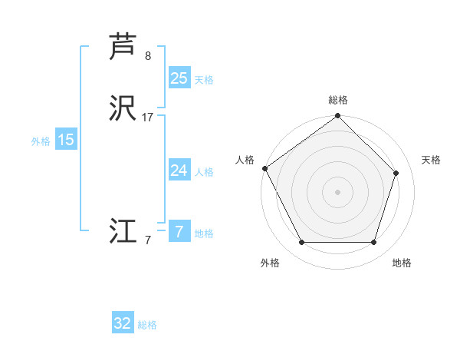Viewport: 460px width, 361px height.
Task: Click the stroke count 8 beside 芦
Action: (x=148, y=55)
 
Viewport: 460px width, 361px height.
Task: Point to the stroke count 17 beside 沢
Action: (x=148, y=118)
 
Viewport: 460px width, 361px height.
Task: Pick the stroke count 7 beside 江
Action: (x=148, y=240)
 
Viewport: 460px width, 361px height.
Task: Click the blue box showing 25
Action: (x=179, y=78)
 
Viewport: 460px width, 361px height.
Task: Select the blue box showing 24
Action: (x=179, y=171)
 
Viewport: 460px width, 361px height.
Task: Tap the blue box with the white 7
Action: (x=179, y=232)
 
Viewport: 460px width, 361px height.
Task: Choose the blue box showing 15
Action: (x=66, y=140)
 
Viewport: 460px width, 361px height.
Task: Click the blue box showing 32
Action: (x=123, y=323)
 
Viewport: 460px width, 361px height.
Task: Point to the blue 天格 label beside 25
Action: (x=204, y=79)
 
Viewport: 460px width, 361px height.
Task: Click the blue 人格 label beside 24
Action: (x=204, y=172)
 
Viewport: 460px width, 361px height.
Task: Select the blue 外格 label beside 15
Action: (x=41, y=141)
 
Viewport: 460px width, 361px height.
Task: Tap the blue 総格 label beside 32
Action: (x=147, y=325)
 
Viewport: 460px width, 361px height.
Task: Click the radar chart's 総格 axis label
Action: (x=337, y=100)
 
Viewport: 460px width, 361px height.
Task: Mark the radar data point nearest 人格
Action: (x=264, y=168)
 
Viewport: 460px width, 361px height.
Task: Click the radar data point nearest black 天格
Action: (x=396, y=173)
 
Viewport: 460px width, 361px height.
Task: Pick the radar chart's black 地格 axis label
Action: (x=402, y=263)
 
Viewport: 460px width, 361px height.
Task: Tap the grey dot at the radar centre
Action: (x=337, y=192)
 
